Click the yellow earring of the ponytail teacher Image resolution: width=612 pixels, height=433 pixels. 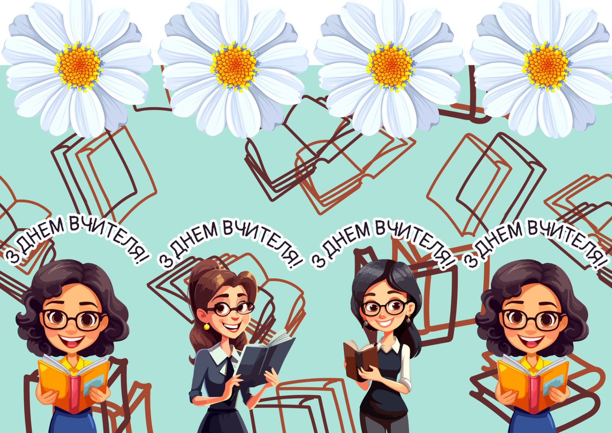click(207, 326)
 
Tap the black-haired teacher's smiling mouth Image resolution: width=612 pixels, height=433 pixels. click(385, 324)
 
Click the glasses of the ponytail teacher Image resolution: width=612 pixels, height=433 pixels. click(232, 309)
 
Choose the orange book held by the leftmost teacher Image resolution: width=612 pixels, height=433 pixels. click(73, 383)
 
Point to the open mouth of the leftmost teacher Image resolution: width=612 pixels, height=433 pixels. click(72, 341)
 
